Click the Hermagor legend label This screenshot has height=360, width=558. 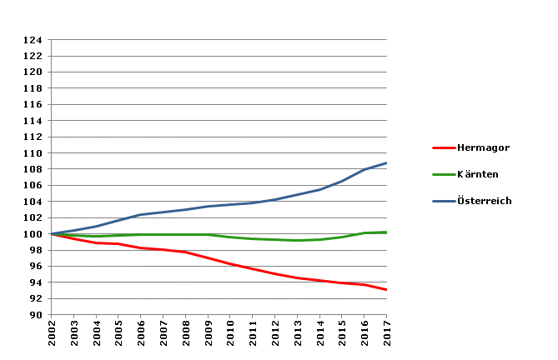[483, 147]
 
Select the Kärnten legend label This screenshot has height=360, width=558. [478, 174]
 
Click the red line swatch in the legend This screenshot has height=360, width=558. [444, 147]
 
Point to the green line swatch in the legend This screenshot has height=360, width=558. [444, 174]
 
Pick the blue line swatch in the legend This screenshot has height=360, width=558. [444, 201]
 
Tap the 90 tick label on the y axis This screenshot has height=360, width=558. [36, 315]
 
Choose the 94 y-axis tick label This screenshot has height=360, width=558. [36, 282]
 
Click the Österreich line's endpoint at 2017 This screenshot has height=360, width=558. [386, 163]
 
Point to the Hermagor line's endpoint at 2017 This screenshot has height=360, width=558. [386, 290]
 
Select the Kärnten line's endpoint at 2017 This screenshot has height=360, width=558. [386, 232]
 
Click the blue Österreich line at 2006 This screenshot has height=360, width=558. [141, 215]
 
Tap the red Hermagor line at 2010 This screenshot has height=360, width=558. [230, 264]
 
